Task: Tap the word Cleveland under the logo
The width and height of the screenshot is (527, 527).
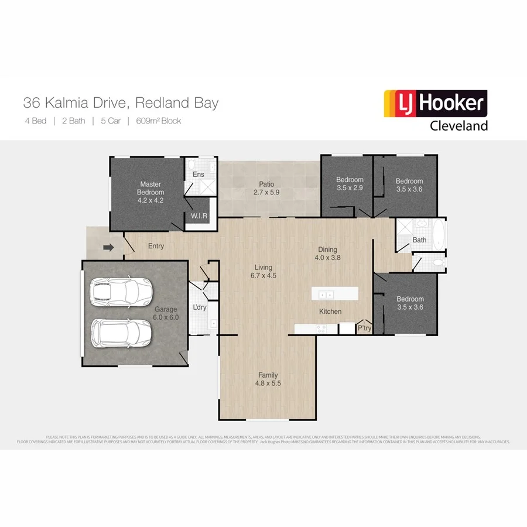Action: (x=458, y=126)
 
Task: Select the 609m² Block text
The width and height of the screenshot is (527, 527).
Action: (x=158, y=121)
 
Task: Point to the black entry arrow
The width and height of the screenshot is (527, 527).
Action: (x=108, y=248)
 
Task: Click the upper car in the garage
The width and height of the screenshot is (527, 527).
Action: (x=121, y=290)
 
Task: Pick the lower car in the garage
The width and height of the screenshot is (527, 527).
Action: (x=121, y=333)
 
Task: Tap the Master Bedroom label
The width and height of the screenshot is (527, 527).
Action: (x=150, y=192)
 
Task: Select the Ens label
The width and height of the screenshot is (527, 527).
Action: (x=199, y=174)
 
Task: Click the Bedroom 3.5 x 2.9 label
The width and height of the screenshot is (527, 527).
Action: (x=350, y=184)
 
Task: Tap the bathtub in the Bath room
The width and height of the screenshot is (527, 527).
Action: (x=439, y=234)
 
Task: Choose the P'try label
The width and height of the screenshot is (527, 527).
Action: (x=364, y=328)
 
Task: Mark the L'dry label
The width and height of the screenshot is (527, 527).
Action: (x=199, y=307)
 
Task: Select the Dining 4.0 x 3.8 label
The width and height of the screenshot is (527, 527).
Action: (x=327, y=253)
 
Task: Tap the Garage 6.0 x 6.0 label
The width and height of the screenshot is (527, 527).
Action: (x=166, y=313)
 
